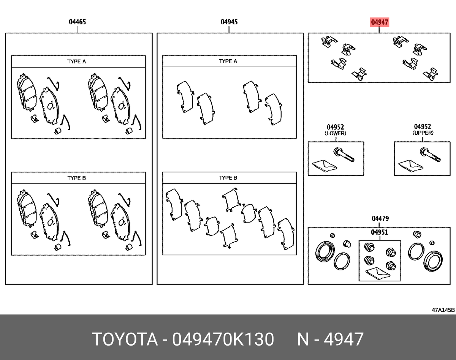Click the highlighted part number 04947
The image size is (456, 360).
pyautogui.click(x=379, y=22)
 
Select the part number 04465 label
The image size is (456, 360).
pyautogui.click(x=77, y=22)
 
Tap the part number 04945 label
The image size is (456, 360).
pyautogui.click(x=229, y=22)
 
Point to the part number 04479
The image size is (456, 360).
pyautogui.click(x=380, y=219)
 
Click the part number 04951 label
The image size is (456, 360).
pyautogui.click(x=380, y=232)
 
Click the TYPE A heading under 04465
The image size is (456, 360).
pyautogui.click(x=77, y=61)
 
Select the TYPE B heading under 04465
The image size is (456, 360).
pyautogui.click(x=77, y=178)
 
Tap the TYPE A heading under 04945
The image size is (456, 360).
pyautogui.click(x=228, y=61)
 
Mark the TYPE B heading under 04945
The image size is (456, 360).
pyautogui.click(x=228, y=178)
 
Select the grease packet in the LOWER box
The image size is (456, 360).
pyautogui.click(x=324, y=165)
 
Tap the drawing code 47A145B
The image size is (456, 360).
pyautogui.click(x=443, y=310)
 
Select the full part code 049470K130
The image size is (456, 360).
pyautogui.click(x=223, y=339)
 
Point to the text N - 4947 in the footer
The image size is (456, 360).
pyautogui.click(x=330, y=339)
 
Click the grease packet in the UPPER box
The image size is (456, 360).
pyautogui.click(x=410, y=165)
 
